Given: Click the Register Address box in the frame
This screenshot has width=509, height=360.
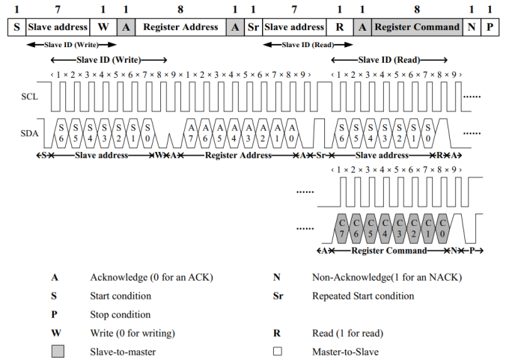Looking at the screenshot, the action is coord(181,27).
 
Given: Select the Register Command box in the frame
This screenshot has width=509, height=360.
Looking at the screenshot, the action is coord(417,27).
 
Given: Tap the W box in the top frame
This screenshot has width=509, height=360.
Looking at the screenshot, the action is coord(103,27).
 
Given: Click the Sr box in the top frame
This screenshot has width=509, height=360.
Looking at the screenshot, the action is coord(253,27).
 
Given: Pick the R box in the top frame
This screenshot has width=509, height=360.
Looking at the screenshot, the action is coord(341,27).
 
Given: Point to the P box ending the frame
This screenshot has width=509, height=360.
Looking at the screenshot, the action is coord(490,27).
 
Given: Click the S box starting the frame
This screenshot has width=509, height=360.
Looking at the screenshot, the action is coord(16,27).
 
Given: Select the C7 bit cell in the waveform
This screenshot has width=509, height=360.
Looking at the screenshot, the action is coord(342,228).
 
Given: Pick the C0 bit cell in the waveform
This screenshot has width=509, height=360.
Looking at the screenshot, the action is coord(442,228).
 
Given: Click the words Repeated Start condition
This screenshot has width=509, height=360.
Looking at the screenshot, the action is coord(363,296).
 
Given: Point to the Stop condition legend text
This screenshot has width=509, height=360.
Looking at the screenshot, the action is coord(121,314).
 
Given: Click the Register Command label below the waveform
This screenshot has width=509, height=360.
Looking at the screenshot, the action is coord(388,250).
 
